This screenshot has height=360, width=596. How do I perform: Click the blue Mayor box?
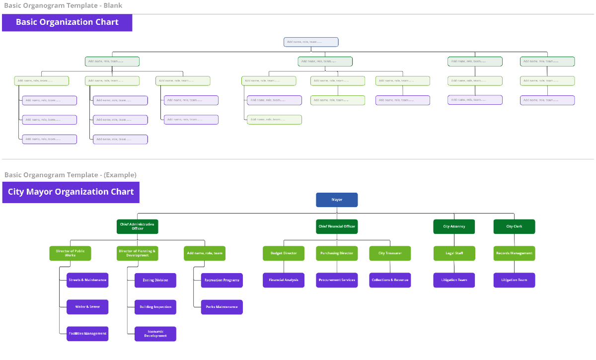[337, 200]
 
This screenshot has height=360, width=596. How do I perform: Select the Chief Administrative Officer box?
[137, 226]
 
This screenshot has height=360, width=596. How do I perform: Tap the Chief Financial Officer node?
[337, 226]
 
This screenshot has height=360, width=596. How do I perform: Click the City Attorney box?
[454, 226]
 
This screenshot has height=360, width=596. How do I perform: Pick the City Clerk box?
[514, 226]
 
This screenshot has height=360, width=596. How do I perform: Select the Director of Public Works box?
[70, 253]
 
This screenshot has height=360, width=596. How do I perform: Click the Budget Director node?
[284, 253]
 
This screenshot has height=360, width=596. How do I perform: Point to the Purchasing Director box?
[337, 253]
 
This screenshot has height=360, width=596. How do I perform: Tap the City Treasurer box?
[390, 253]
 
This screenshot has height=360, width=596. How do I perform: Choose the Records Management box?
[514, 253]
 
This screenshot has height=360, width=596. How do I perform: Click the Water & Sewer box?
[87, 307]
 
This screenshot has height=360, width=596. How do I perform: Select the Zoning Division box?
[155, 280]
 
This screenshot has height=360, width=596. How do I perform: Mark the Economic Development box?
[155, 334]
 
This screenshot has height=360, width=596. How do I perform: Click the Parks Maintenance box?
[222, 307]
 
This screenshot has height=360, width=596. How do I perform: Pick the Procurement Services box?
[337, 280]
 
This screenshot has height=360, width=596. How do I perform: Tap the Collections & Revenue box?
[390, 280]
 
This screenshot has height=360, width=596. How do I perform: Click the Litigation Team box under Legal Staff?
[454, 280]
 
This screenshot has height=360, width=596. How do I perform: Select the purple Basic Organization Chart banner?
[67, 22]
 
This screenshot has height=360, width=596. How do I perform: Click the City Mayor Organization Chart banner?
[71, 192]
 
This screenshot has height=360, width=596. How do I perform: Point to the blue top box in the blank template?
[311, 42]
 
